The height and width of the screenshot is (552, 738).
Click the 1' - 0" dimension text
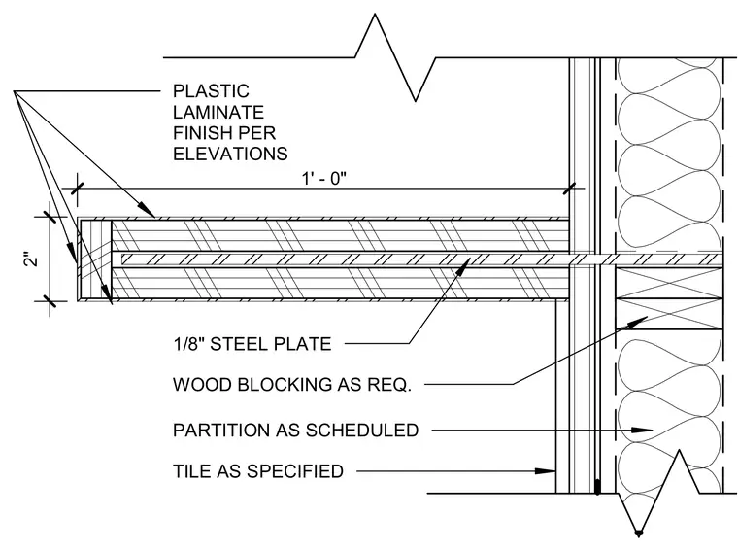[x=323, y=179]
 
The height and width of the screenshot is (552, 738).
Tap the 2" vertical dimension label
[x=31, y=259]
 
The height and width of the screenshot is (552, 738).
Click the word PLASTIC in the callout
[x=211, y=91]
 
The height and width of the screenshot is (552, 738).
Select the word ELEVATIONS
[x=230, y=154]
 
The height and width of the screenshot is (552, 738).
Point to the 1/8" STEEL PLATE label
[x=252, y=344]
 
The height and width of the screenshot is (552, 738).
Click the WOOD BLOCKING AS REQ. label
[x=292, y=385]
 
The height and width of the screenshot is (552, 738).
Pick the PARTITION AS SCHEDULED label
[x=295, y=431]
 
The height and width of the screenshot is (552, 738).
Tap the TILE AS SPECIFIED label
[x=258, y=471]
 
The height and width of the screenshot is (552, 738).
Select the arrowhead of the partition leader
[x=643, y=430]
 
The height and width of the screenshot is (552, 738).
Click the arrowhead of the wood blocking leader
[x=639, y=322]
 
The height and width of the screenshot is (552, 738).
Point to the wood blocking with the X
[x=669, y=298]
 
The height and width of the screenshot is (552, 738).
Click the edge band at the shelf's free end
[x=94, y=259]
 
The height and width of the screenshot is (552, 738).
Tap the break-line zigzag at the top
[x=394, y=57]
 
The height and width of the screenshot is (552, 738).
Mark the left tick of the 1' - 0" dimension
[x=77, y=189]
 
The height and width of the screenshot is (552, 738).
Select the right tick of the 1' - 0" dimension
[x=569, y=189]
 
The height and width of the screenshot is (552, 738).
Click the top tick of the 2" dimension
[x=50, y=217]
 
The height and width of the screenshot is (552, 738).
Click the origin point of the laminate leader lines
[x=14, y=91]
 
